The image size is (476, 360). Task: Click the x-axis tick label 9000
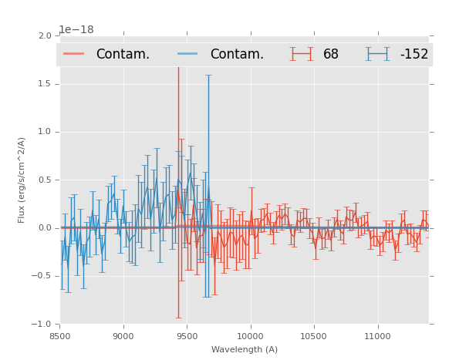pyautogui.click(x=123, y=336)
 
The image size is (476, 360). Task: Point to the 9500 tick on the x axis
pyautogui.click(x=187, y=336)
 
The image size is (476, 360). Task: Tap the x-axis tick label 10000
pyautogui.click(x=250, y=336)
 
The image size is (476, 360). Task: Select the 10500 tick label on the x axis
pyautogui.click(x=314, y=336)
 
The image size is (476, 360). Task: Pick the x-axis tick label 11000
pyautogui.click(x=377, y=336)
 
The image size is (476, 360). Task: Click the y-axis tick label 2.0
pyautogui.click(x=45, y=35)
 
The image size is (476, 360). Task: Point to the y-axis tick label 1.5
pyautogui.click(x=45, y=84)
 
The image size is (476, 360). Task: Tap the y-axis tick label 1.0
pyautogui.click(x=45, y=132)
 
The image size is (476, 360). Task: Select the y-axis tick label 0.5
pyautogui.click(x=45, y=180)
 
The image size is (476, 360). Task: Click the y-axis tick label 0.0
pyautogui.click(x=45, y=228)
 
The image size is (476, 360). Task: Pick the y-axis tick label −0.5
pyautogui.click(x=42, y=276)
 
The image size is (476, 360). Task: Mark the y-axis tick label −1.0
pyautogui.click(x=42, y=325)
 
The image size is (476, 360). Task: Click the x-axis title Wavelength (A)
pyautogui.click(x=245, y=349)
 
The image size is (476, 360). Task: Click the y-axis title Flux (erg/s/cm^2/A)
pyautogui.click(x=22, y=180)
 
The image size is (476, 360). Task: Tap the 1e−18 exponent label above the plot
pyautogui.click(x=76, y=29)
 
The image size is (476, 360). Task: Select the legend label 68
pyautogui.click(x=331, y=55)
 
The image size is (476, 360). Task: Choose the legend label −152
pyautogui.click(x=414, y=55)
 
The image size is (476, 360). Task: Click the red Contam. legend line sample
pyautogui.click(x=74, y=54)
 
